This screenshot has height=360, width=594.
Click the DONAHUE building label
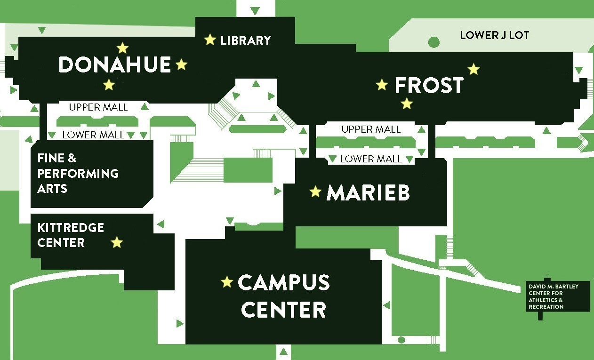pyautogui.click(x=114, y=64)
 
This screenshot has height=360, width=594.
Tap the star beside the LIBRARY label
pyautogui.click(x=210, y=40)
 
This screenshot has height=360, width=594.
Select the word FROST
pyautogui.click(x=429, y=86)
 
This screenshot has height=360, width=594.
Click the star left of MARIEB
pyautogui.click(x=315, y=192)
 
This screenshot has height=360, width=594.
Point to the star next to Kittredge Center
pyautogui.click(x=117, y=242)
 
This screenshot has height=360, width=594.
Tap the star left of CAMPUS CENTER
pyautogui.click(x=227, y=282)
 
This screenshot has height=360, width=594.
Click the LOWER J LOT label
pyautogui.click(x=494, y=35)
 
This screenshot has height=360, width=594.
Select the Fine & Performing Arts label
pyautogui.click(x=78, y=173)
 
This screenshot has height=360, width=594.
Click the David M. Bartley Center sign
pyautogui.click(x=558, y=296)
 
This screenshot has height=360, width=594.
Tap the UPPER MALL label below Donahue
pyautogui.click(x=98, y=107)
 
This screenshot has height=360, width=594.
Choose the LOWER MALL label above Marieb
pyautogui.click(x=371, y=159)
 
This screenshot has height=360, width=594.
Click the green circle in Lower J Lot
pyautogui.click(x=433, y=42)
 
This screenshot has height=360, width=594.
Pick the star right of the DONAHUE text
pyautogui.click(x=181, y=64)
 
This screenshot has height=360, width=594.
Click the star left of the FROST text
pyautogui.click(x=382, y=85)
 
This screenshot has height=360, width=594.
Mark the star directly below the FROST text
pyautogui.click(x=407, y=103)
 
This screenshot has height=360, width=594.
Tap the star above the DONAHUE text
pyautogui.click(x=122, y=48)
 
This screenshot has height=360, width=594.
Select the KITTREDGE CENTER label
pyautogui.click(x=71, y=235)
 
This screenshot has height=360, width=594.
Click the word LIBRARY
pyautogui.click(x=246, y=40)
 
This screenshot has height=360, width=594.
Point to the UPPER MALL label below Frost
pyautogui.click(x=371, y=129)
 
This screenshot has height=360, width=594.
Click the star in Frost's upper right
pyautogui.click(x=474, y=69)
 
